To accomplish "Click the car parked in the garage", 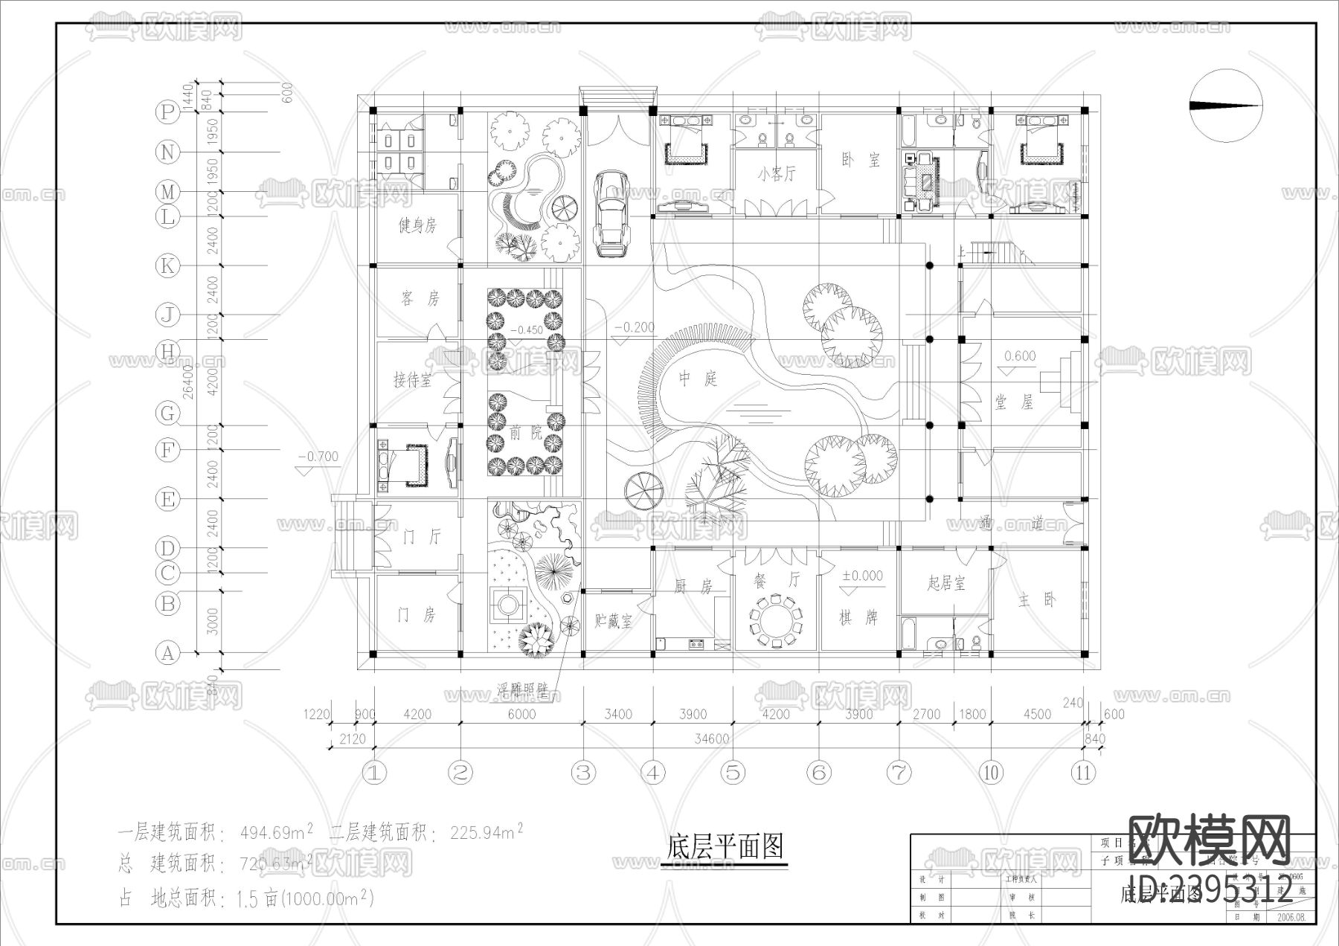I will [611, 214].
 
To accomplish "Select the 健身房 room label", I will [417, 225].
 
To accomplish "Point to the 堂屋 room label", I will [1014, 402].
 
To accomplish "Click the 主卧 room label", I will [1036, 600].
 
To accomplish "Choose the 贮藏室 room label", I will [614, 620].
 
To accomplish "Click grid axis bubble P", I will [167, 112].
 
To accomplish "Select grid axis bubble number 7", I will [899, 773].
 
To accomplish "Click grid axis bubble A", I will [167, 654].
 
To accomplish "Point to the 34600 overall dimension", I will [711, 739].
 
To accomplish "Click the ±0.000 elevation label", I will [862, 576].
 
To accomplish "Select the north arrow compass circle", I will [1226, 106].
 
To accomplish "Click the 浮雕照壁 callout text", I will [521, 691].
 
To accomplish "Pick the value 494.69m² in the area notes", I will [276, 832].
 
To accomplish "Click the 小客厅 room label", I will [776, 174].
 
